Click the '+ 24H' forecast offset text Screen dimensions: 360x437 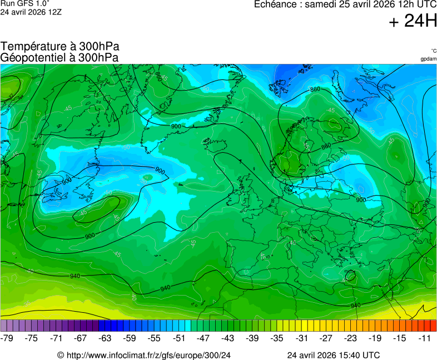pyautogui.click(x=413, y=21)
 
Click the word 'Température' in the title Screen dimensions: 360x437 pyautogui.click(x=32, y=46)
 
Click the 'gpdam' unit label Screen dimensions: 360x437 pyautogui.click(x=428, y=59)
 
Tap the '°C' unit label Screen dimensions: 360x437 pyautogui.click(x=433, y=51)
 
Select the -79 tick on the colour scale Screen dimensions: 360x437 pyautogui.click(x=8, y=338)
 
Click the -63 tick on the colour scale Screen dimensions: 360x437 pyautogui.click(x=105, y=338)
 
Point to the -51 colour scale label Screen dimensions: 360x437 pyautogui.click(x=178, y=338)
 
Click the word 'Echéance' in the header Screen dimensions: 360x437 pyautogui.click(x=275, y=5)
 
